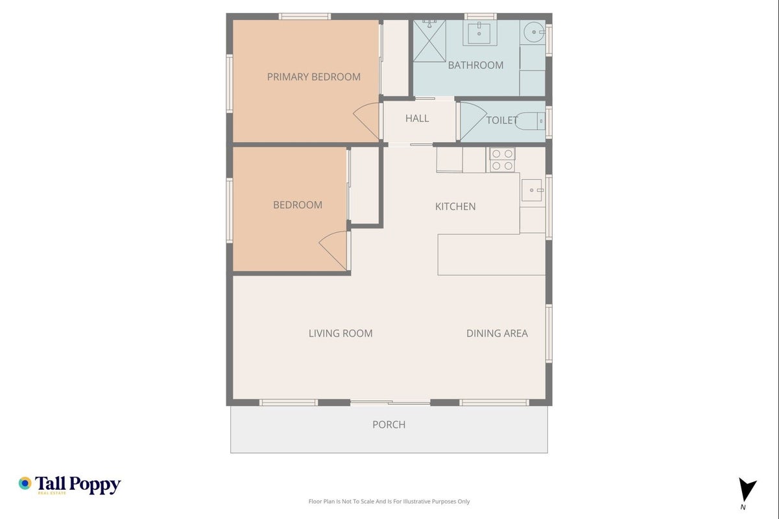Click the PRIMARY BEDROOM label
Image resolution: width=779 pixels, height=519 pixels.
coord(314,77)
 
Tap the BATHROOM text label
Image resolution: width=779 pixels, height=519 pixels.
coord(475,65)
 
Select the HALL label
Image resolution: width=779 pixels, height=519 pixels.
coord(417,118)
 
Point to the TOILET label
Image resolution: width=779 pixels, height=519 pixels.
coord(502,121)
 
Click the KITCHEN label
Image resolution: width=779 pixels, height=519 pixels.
coord(455,206)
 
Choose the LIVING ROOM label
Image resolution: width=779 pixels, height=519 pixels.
coord(341,333)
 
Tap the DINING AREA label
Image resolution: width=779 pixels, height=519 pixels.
coord(497,333)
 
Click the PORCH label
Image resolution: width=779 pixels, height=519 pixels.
coord(389,424)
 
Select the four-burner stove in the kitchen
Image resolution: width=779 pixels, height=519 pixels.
coord(502,160)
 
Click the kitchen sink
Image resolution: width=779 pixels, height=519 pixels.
coord(532,190)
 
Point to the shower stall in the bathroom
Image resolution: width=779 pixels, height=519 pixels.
coord(429,41)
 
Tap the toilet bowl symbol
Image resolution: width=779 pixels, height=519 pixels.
coord(530,121)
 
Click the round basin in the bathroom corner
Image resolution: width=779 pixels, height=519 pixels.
coord(534,32)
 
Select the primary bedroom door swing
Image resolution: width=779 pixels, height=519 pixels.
coord(366,121)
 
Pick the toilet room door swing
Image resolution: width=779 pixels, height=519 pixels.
coord(473,121)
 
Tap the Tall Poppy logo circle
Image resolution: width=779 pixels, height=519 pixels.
coord(25,483)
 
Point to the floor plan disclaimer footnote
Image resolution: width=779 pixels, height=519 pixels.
coord(389,501)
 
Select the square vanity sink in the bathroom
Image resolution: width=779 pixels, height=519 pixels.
coord(479,33)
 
